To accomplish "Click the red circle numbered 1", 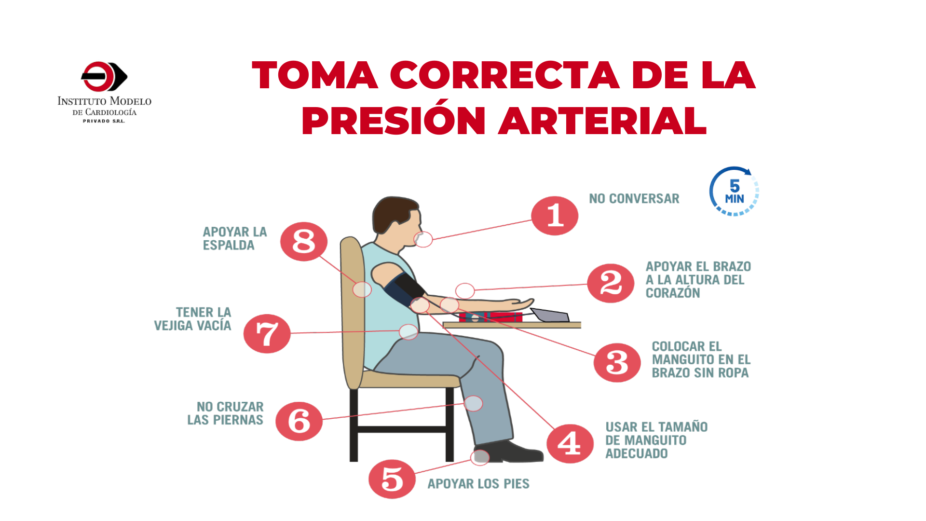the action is (x=555, y=216).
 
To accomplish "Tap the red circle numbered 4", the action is (x=570, y=443).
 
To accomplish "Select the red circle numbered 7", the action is (x=267, y=333).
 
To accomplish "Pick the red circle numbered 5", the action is (x=392, y=479).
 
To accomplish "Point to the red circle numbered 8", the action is (x=304, y=241).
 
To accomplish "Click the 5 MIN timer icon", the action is (x=734, y=191).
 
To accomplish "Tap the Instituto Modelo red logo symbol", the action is (x=104, y=76).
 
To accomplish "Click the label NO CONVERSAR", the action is (x=634, y=198).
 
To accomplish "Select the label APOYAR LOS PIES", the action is (x=478, y=483).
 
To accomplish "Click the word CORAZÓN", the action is (x=673, y=292).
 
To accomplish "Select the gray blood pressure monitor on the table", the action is (x=550, y=315).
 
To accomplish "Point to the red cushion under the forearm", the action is (x=490, y=317).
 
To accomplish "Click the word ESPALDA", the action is (x=229, y=245).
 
